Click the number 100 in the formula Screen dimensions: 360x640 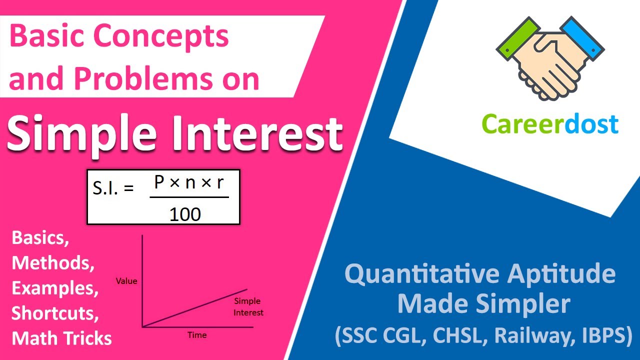(185, 214)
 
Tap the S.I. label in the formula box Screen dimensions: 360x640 (113, 188)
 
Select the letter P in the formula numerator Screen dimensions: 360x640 (159, 183)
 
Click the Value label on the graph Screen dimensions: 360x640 (126, 281)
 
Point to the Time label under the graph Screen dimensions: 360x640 (197, 334)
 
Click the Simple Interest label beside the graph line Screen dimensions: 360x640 (248, 307)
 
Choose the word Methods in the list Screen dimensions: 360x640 (53, 262)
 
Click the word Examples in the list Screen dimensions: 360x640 (55, 288)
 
